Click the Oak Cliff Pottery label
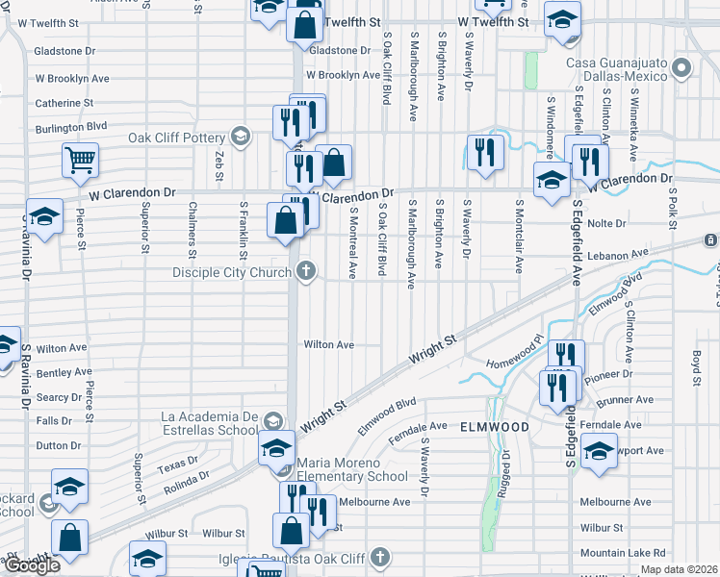pyautogui.click(x=178, y=137)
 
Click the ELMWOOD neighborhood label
pyautogui.click(x=495, y=426)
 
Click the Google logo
pyautogui.click(x=32, y=565)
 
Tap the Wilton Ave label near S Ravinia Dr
pyautogui.click(x=63, y=347)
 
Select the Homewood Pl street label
pyautogui.click(x=516, y=356)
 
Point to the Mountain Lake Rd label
pyautogui.click(x=623, y=553)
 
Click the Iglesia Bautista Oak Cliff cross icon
pyautogui.click(x=381, y=557)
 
